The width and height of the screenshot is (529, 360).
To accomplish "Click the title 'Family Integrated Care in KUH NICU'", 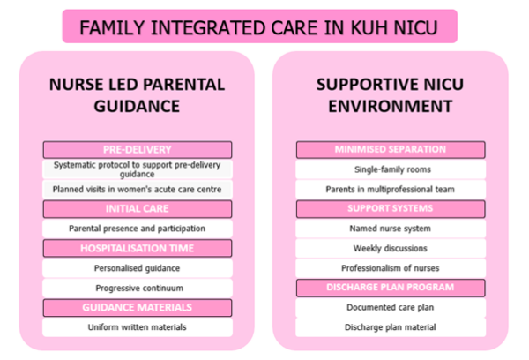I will coord(260,26).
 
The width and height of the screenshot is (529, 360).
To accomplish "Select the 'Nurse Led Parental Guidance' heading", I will coord(137,95).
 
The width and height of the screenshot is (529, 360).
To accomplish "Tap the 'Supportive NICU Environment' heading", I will coord(391,95).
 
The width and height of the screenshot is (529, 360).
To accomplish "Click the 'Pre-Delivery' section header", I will coord(137,150).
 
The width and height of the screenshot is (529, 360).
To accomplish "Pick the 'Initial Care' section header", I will coord(137,209).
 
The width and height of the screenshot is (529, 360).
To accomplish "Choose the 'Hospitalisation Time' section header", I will coord(137,249).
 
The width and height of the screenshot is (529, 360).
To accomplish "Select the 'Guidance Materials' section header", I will coord(137,307).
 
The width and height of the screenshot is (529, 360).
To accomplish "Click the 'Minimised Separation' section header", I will coord(391,149).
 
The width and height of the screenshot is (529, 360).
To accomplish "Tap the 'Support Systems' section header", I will coord(391,208).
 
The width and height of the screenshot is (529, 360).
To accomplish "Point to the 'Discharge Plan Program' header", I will coord(391,287).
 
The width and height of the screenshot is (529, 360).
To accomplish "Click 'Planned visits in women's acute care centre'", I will coord(137,189).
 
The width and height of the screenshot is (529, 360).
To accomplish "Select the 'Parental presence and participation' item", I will coord(137,229).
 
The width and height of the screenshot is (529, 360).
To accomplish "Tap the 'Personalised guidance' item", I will coord(137,268).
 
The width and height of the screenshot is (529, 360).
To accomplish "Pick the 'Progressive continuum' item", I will coord(137,288).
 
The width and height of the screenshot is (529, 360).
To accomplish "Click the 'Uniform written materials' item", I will coord(137,327).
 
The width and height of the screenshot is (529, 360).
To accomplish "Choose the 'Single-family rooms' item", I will coord(391,169).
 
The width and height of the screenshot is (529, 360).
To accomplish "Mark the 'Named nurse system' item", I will coord(391,228).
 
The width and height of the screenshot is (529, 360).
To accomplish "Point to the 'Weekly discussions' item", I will coord(391,248).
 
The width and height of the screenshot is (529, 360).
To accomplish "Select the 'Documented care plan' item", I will coord(391,307).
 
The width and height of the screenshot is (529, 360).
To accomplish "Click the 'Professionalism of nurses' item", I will coord(391,267).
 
